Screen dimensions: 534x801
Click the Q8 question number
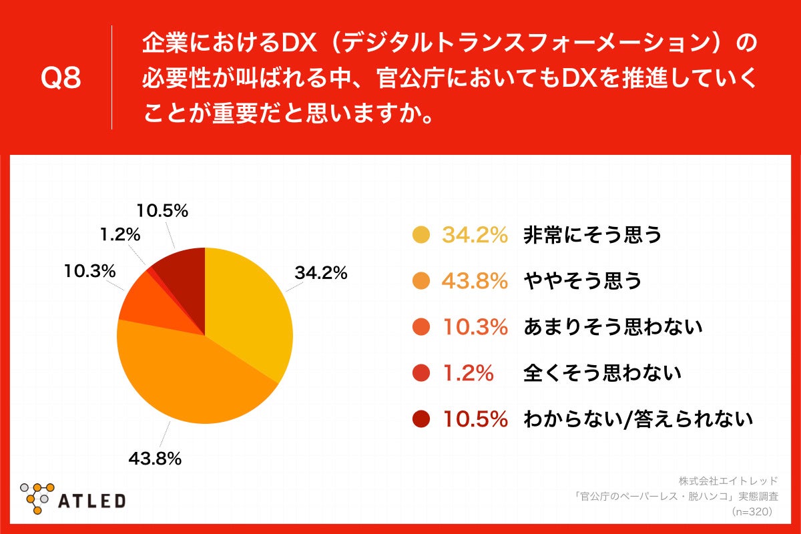click(x=61, y=78)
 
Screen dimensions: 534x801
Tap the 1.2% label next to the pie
click(x=119, y=234)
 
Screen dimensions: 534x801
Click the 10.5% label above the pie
click(x=162, y=212)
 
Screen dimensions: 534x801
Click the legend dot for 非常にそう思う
click(x=421, y=235)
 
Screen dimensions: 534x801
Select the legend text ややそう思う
click(x=583, y=281)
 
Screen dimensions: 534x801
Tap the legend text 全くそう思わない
click(x=602, y=373)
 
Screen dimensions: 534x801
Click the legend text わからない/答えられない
click(x=638, y=419)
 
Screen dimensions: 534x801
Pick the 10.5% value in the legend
click(x=475, y=419)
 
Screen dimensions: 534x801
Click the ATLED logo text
click(x=93, y=500)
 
